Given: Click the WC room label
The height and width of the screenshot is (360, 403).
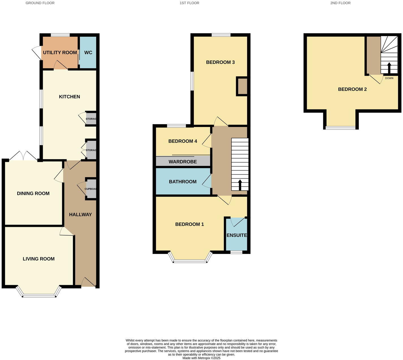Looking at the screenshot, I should [x=88, y=53].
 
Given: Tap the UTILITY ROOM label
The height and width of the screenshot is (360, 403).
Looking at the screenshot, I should [x=60, y=53].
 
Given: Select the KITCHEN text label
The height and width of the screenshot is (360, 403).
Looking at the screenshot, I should [x=69, y=97].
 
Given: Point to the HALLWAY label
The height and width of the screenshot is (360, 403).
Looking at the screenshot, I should [x=80, y=215].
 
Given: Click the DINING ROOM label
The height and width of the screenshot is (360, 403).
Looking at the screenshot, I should [x=33, y=193].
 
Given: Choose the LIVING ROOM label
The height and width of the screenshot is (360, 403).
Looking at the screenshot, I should [x=38, y=259].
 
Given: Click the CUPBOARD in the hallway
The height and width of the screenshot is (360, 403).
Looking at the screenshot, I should [x=91, y=189].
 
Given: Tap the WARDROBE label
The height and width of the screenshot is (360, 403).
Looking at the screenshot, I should [x=183, y=162].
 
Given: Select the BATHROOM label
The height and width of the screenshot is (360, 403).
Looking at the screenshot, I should [x=183, y=182].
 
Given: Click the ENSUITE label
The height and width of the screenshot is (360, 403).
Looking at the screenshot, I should [x=237, y=235].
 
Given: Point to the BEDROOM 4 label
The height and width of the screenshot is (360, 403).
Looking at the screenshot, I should [x=183, y=141].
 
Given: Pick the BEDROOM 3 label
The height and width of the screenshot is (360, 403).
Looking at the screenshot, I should [x=220, y=62].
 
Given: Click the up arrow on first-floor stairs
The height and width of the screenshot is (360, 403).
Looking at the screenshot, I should [x=240, y=185].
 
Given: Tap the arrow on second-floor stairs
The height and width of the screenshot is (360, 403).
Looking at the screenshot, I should [x=389, y=68].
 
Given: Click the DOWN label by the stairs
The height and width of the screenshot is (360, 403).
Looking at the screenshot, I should [x=389, y=78].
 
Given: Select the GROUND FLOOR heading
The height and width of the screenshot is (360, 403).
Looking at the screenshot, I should [x=40, y=3].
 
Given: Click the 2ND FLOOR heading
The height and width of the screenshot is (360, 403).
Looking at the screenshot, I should [x=340, y=3].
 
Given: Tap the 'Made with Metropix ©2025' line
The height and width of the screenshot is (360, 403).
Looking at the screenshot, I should [x=201, y=358].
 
